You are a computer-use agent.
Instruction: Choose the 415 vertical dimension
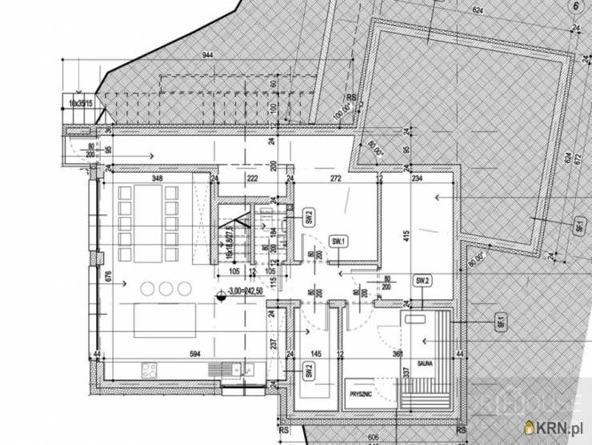pos(406,238)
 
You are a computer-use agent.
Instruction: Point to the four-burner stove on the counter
pos(149,370)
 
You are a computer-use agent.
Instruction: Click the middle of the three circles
pos(165,287)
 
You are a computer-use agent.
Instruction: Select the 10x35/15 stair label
pos(80,104)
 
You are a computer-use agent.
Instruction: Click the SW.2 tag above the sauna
pos(422,281)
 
